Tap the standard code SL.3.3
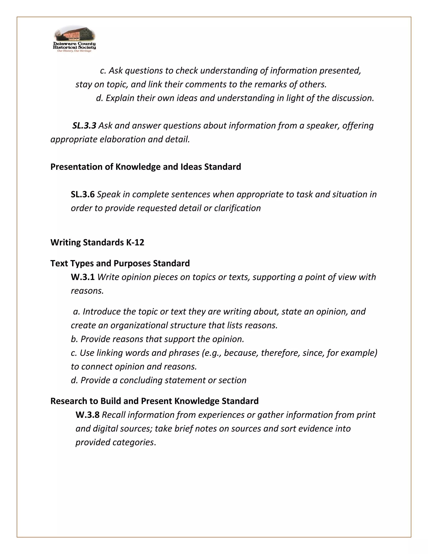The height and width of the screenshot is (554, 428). [x=84, y=126]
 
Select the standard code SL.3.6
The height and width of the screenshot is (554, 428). [x=83, y=194]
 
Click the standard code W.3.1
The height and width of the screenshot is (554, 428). [x=83, y=277]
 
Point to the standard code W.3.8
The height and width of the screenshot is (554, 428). [x=88, y=415]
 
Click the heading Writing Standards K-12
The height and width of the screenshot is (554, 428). [x=97, y=242]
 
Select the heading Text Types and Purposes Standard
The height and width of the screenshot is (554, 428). [x=120, y=263]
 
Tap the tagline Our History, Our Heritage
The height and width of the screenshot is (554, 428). [x=74, y=51]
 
